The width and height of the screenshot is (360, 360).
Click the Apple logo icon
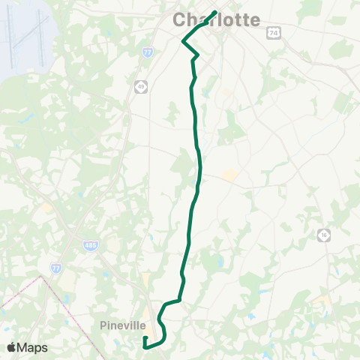12,347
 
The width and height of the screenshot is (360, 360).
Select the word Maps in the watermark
34,347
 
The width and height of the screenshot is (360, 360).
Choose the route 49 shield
140,87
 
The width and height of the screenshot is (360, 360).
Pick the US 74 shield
274,34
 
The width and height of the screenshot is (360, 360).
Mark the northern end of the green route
216,11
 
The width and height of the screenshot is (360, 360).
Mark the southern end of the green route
144,346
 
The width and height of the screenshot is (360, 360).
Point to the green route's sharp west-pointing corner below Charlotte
183,41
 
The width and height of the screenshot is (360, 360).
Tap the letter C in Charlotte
180,20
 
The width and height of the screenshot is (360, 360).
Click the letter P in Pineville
103,325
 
